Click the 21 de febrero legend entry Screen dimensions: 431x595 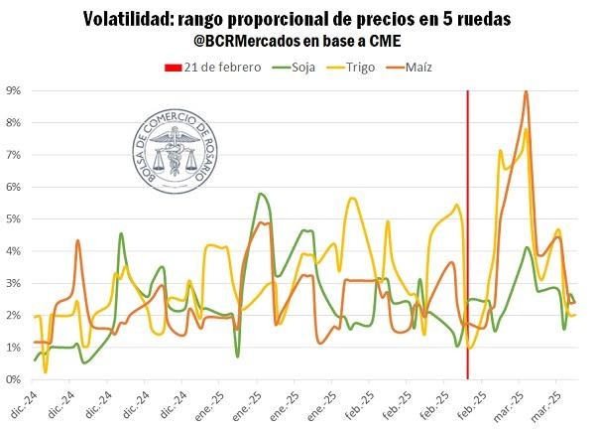click(211, 68)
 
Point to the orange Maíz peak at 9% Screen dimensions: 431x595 click(526, 92)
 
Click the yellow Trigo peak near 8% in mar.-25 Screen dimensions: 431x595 click(527, 129)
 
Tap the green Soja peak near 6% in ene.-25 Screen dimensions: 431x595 click(260, 194)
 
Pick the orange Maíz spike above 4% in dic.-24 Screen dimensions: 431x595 click(77, 240)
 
